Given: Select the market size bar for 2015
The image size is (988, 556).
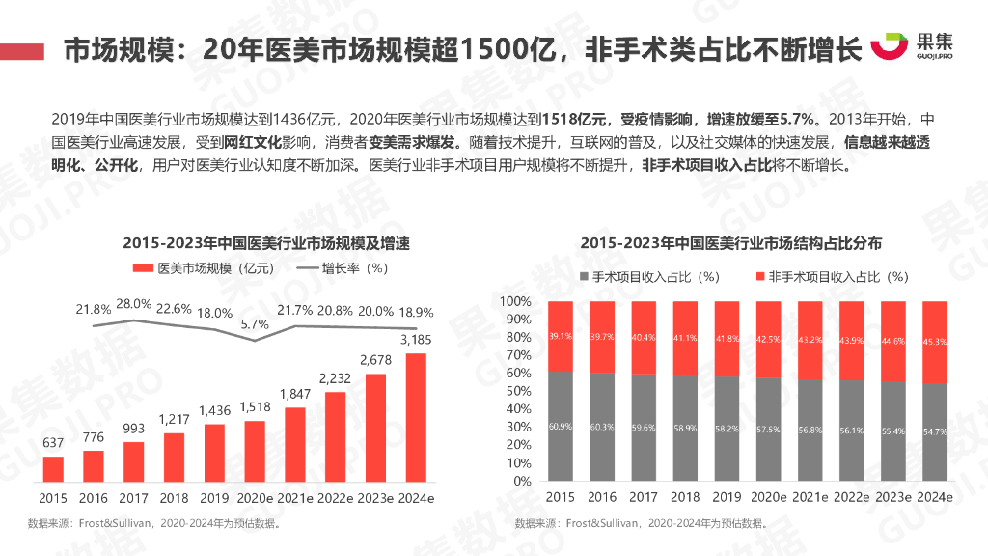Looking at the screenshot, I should pos(53,468).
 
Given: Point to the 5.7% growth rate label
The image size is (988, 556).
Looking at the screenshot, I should pos(254,324).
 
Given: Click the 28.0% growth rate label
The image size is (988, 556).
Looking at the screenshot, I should pos(133,304).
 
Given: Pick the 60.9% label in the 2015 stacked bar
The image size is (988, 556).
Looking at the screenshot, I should pos(560,427).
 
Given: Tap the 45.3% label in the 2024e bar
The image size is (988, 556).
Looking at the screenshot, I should pos(935,340).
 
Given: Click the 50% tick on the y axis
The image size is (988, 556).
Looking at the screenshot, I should pos(518,391).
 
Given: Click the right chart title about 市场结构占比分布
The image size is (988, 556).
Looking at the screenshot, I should pos(730,242).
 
